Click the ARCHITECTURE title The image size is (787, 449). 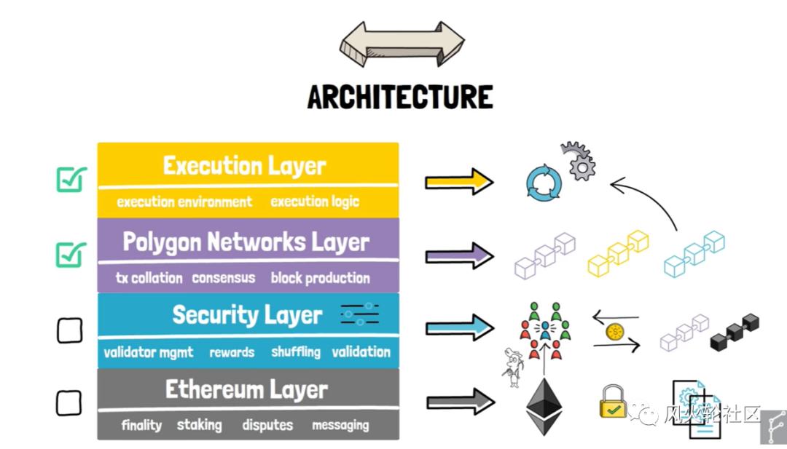(x=399, y=97)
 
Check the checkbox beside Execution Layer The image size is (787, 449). (x=71, y=179)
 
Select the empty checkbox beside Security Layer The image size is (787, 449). (x=69, y=330)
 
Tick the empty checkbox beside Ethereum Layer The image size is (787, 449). (x=69, y=402)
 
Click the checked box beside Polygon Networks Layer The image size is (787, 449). (x=71, y=254)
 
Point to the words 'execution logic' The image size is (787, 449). (x=315, y=202)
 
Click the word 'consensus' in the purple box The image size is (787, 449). (x=223, y=277)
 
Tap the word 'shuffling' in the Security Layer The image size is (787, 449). (x=296, y=351)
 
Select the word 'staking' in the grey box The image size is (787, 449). (x=199, y=424)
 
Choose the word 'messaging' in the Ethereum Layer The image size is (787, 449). (x=340, y=425)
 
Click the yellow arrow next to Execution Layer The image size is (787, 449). (x=459, y=181)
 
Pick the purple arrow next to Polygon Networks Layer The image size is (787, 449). (x=459, y=255)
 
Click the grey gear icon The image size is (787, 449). (x=579, y=162)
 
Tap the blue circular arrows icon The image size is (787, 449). (x=544, y=182)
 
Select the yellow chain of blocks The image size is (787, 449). (x=618, y=253)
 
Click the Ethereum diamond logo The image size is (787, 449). (x=544, y=405)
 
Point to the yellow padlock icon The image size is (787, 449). (x=614, y=402)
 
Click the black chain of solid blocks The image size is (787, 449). (x=735, y=328)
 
